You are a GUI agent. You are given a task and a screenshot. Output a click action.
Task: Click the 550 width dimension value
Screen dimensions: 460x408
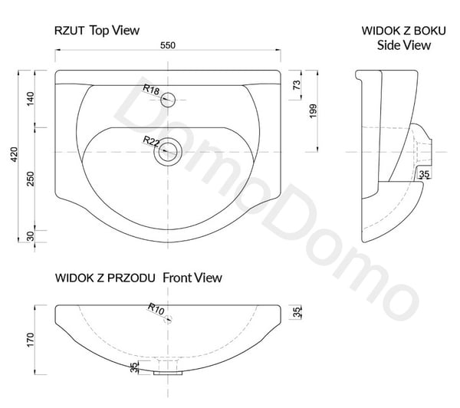point(168,45)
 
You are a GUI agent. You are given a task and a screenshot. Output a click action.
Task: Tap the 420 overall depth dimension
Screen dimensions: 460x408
point(14,154)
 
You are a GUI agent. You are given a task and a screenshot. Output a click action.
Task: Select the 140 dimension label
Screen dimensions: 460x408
point(30,99)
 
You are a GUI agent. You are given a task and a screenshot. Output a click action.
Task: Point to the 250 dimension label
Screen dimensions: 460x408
point(30,179)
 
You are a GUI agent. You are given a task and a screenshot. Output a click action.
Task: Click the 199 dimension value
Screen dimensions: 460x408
point(314,111)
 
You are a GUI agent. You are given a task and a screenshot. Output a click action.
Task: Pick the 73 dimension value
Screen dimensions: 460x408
point(297,85)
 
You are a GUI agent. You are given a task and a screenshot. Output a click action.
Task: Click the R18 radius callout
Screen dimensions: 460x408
point(151,90)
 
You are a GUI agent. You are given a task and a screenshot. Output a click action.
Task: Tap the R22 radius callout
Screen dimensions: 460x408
point(151,141)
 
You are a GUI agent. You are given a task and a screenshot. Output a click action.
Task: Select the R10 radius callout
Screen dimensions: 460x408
point(156,309)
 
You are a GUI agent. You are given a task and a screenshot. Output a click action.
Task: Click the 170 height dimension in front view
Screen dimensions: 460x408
point(30,340)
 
